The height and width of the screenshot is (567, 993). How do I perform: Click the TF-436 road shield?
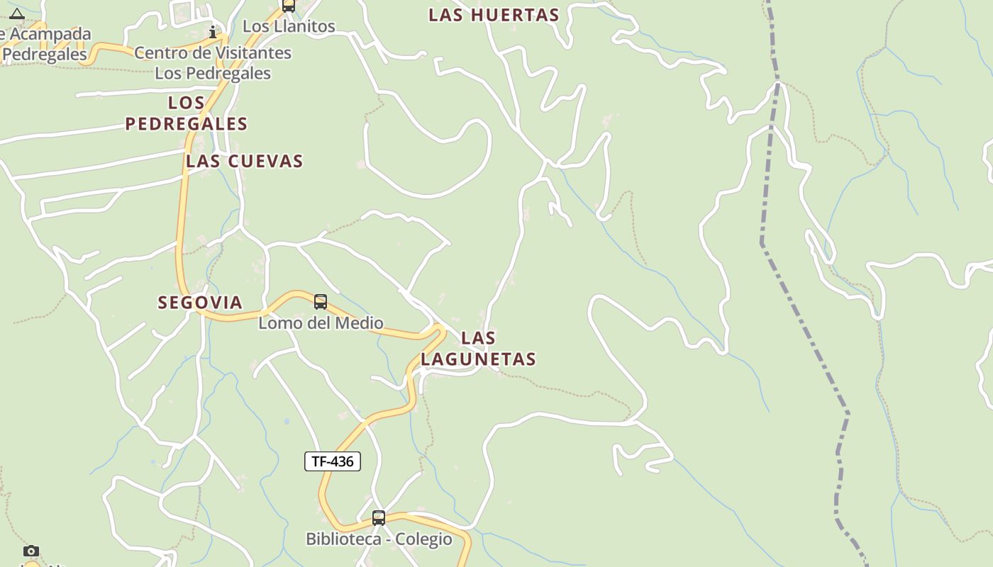tap(333, 461)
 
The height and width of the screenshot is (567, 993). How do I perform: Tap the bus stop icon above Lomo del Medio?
tap(321, 303)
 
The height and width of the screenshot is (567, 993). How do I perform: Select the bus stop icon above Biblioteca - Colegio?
tap(379, 518)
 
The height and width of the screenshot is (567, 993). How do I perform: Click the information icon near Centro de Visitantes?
tap(213, 32)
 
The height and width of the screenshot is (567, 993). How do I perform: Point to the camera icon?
tap(31, 551)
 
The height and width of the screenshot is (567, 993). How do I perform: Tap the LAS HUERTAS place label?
tap(494, 15)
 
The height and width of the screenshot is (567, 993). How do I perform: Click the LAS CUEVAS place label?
tap(245, 162)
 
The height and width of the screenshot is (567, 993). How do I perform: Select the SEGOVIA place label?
tap(200, 303)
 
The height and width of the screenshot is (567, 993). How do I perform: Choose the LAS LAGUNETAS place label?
tap(478, 348)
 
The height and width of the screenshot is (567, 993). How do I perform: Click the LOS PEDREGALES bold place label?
tap(187, 113)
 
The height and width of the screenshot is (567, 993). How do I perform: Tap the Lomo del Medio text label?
tap(321, 323)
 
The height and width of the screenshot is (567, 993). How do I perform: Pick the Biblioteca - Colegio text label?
tap(379, 539)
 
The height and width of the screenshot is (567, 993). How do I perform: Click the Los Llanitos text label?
tap(289, 26)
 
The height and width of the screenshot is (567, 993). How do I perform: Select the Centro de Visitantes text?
tap(213, 53)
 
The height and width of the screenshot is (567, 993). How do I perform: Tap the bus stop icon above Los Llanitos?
tap(288, 6)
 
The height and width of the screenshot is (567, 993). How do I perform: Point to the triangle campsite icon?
tap(17, 13)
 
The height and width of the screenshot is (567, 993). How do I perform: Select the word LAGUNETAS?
tap(478, 359)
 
